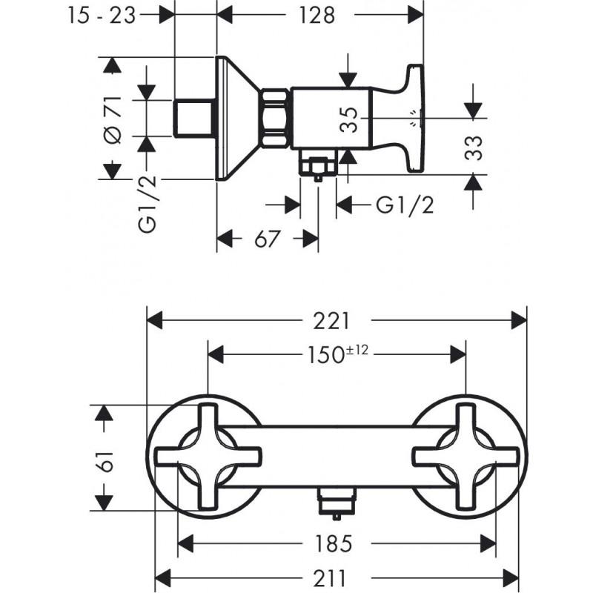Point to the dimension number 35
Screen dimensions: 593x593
coord(354,119)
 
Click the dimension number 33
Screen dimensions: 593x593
coord(474,147)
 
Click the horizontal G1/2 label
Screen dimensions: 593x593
coord(404,205)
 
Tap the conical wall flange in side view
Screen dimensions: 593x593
coord(236,119)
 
